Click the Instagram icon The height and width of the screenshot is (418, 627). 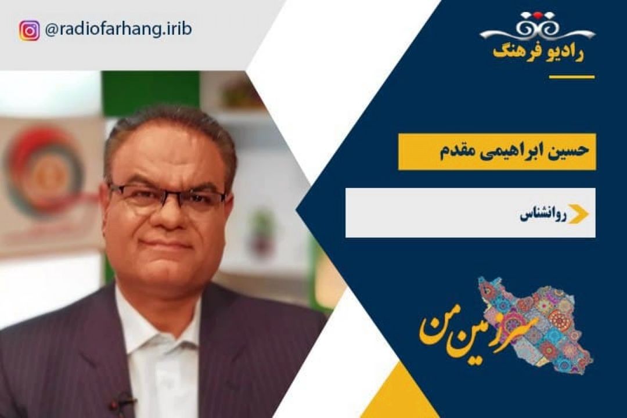coord(29,31)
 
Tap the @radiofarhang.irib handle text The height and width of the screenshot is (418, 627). coord(118,30)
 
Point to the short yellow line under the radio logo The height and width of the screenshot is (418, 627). coord(572,77)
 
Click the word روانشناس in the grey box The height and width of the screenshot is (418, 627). coord(543,215)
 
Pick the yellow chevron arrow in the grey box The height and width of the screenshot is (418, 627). coord(579,214)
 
